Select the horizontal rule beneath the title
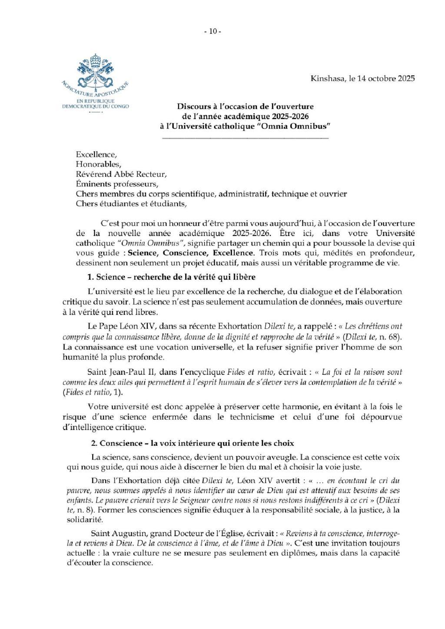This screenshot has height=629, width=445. (245, 138)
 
